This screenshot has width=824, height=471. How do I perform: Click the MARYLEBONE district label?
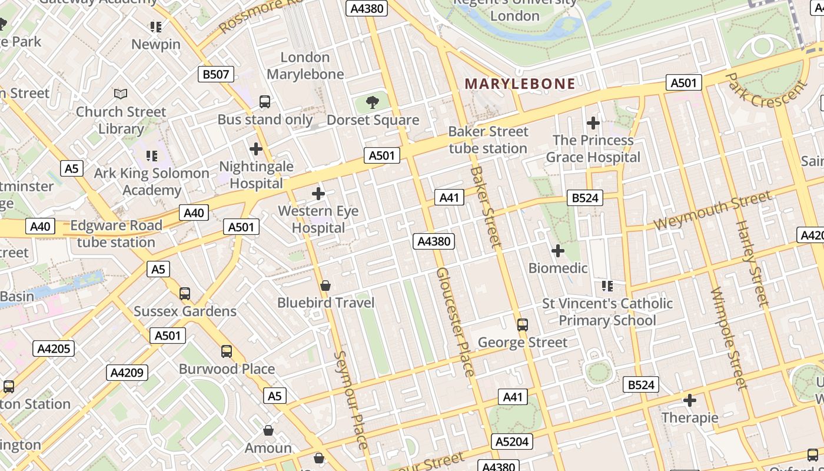pyautogui.click(x=520, y=84)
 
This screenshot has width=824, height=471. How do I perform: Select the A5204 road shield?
pyautogui.click(x=512, y=442)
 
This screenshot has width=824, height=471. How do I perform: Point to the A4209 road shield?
pyautogui.click(x=127, y=373)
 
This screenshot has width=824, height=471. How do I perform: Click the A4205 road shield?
pyautogui.click(x=54, y=349)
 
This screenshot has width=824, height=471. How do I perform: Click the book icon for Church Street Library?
pyautogui.click(x=121, y=94)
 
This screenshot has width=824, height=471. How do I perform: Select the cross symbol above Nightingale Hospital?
pyautogui.click(x=256, y=149)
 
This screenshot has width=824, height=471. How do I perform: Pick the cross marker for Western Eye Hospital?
pyautogui.click(x=318, y=193)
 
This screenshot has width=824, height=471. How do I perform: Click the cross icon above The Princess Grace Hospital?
pyautogui.click(x=593, y=123)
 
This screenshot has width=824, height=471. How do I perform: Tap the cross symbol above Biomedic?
pyautogui.click(x=557, y=251)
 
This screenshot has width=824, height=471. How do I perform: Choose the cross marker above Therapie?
pyautogui.click(x=690, y=401)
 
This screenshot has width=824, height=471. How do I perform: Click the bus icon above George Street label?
pyautogui.click(x=522, y=325)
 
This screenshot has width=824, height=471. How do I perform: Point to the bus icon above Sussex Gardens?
pyautogui.click(x=185, y=294)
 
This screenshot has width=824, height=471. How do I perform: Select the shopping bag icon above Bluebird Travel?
pyautogui.click(x=325, y=286)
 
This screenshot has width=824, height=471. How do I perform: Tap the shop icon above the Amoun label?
pyautogui.click(x=268, y=431)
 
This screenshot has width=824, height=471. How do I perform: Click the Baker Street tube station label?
pyautogui.click(x=488, y=140)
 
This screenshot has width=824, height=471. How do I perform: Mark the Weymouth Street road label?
pyautogui.click(x=712, y=211)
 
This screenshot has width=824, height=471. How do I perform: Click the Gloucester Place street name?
pyautogui.click(x=455, y=321)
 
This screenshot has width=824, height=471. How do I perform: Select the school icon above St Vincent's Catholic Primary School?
pyautogui.click(x=607, y=286)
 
